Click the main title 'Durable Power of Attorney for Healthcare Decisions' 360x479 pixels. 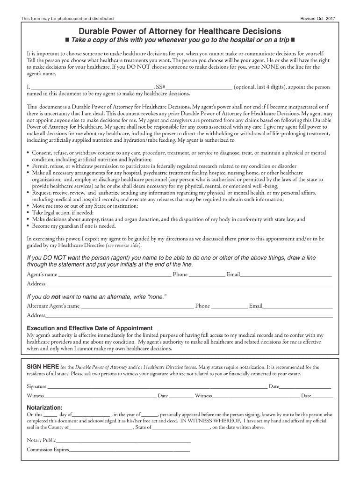(180, 30)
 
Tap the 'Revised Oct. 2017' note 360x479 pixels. (321, 18)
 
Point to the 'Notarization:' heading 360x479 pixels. (44, 407)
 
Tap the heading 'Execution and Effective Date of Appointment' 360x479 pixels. (90, 328)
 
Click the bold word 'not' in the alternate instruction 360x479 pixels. (56, 297)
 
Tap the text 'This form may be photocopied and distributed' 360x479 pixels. (67, 18)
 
